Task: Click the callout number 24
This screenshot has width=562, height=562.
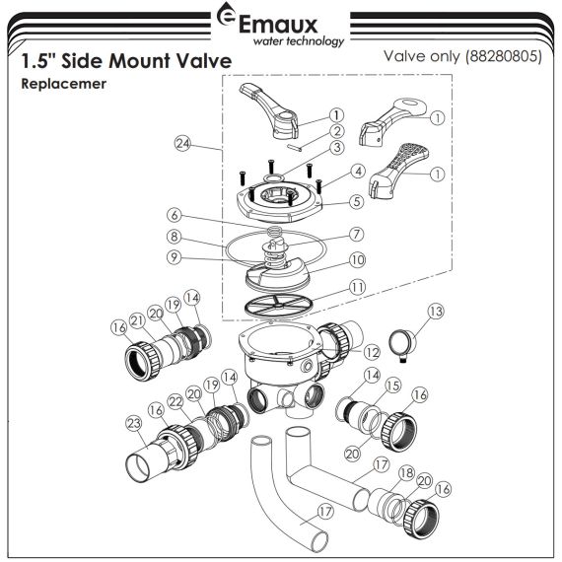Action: pos(182,143)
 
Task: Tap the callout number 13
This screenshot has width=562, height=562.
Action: pos(436,312)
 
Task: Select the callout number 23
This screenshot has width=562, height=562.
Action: pos(134,423)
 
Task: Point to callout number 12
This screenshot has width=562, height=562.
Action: pos(372,353)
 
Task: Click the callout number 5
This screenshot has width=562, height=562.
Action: pos(357,201)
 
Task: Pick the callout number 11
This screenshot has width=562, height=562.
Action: pos(358,287)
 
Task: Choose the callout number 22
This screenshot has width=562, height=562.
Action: pos(176,402)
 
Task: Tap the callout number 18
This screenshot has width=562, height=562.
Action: pos(406,473)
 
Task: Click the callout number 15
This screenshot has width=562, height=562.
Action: pos(393,386)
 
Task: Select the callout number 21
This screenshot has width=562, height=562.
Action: pos(138,320)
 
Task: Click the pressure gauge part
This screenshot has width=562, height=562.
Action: pos(403,346)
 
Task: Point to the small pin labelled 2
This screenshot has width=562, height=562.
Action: pos(294,147)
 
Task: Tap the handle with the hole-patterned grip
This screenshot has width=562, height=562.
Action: pos(398,171)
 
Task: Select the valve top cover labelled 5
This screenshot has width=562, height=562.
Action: pos(280,201)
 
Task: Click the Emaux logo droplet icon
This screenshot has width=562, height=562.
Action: pos(226,15)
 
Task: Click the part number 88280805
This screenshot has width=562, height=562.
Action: pos(505,56)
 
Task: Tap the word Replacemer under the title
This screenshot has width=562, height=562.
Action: pos(64,84)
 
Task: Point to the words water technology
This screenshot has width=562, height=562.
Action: pos(299,40)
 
